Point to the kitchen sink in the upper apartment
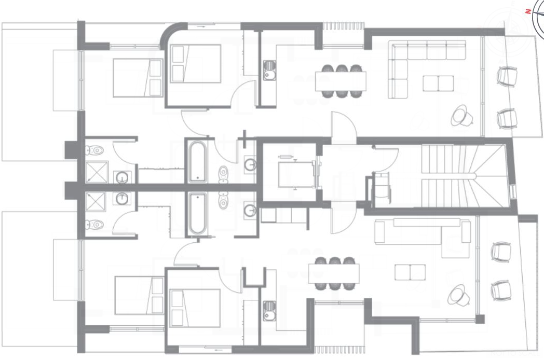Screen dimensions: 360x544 coord(269,71)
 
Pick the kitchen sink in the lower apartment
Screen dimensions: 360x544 coord(269,310)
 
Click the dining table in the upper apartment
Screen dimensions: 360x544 coord(341,80)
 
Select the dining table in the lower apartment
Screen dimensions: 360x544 coord(334,273)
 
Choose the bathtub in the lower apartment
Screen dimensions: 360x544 coord(198,214)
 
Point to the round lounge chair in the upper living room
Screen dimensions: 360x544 coord(461,115)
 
